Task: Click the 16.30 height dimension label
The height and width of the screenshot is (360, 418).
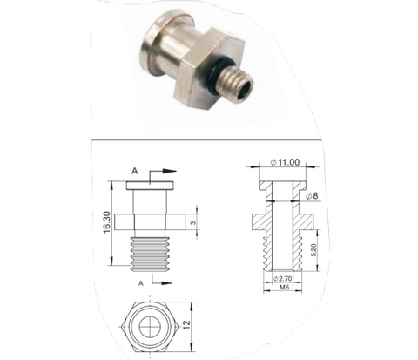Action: pyautogui.click(x=104, y=222)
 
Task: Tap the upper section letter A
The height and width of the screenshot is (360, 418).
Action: pyautogui.click(x=133, y=172)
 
